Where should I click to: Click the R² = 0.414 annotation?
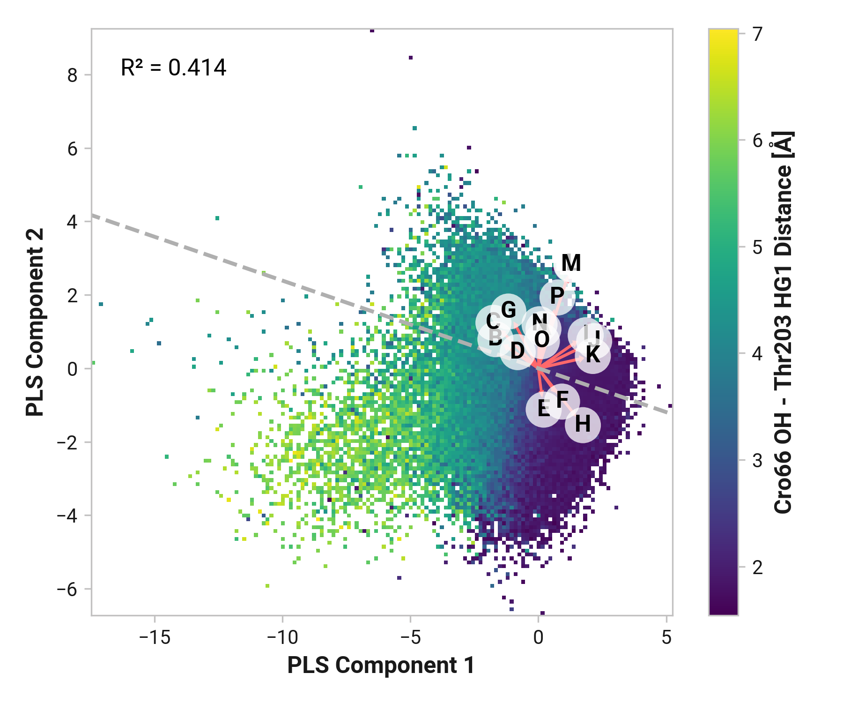click(x=173, y=67)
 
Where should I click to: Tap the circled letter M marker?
click(x=571, y=263)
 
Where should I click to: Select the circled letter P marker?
click(x=557, y=296)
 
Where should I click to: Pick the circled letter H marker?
click(x=583, y=425)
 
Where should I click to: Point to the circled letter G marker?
click(x=509, y=310)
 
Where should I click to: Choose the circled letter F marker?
click(x=562, y=401)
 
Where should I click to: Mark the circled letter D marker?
click(x=517, y=351)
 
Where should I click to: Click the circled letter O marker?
click(x=542, y=340)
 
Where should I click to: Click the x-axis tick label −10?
click(x=282, y=637)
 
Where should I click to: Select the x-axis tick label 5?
click(x=666, y=637)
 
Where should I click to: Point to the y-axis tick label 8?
click(x=72, y=75)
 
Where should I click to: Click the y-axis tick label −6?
click(x=67, y=589)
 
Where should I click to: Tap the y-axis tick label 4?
click(x=72, y=222)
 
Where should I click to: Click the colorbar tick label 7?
click(x=758, y=34)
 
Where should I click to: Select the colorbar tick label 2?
click(x=758, y=568)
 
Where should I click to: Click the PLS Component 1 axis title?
click(x=381, y=666)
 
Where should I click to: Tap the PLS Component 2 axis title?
click(x=35, y=322)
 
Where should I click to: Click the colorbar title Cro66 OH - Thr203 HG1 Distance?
click(x=783, y=322)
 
